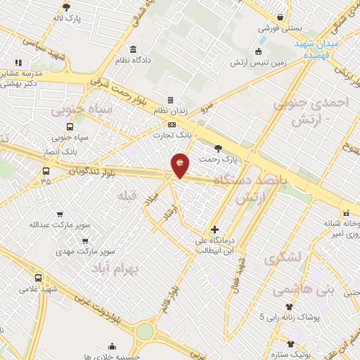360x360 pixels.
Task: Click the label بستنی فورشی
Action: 279,29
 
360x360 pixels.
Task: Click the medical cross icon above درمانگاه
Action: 214,229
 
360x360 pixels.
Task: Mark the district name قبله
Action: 127,194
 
